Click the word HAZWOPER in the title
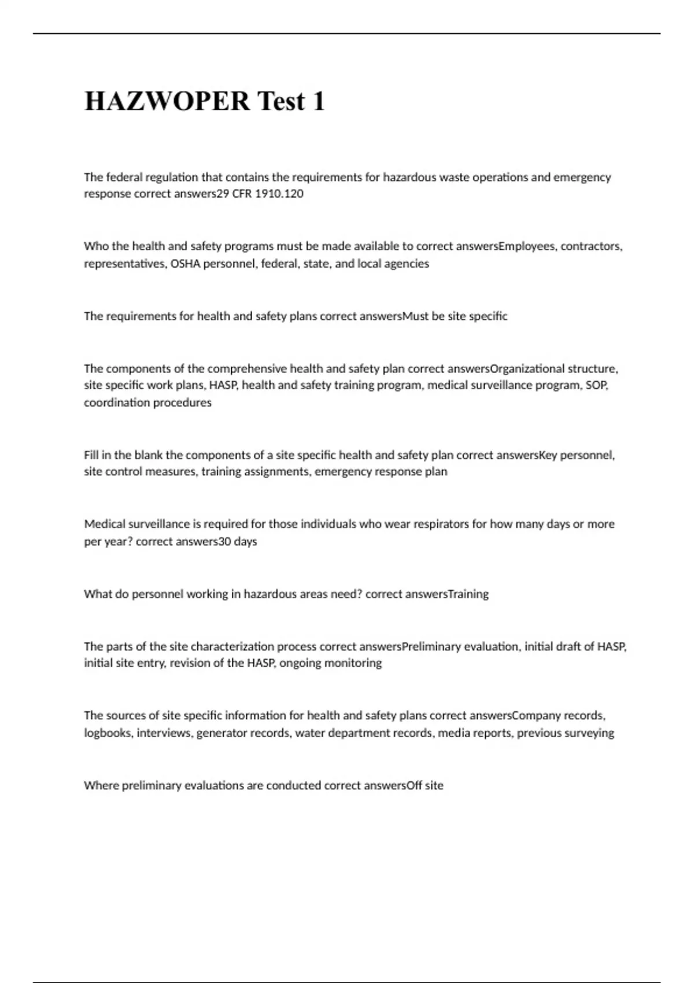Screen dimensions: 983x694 coord(167,101)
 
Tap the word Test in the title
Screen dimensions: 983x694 coord(280,101)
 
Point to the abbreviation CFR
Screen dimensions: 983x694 coord(242,194)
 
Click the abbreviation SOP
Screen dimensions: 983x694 coord(597,385)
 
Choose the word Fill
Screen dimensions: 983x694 coord(91,455)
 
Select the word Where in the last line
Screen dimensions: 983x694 coord(101,785)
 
